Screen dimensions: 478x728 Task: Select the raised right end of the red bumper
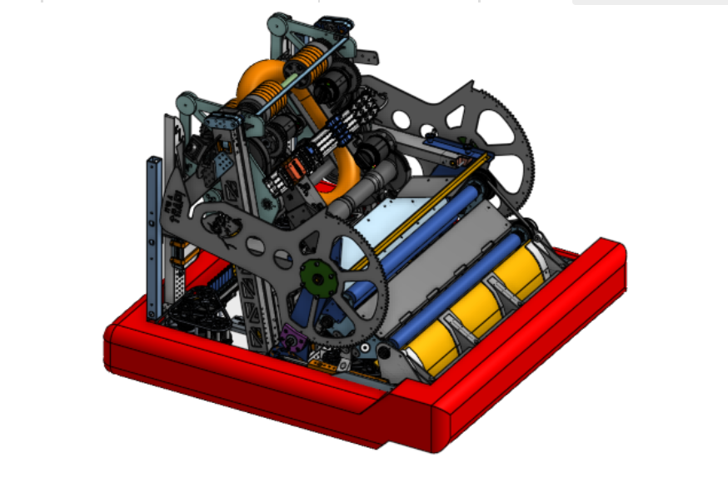click(x=604, y=258)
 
